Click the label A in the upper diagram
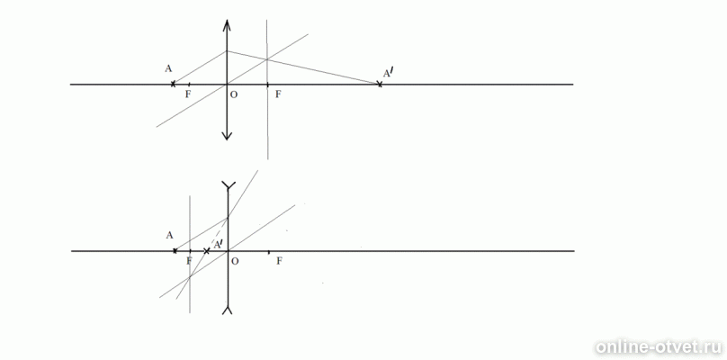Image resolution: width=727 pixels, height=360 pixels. pyautogui.click(x=168, y=69)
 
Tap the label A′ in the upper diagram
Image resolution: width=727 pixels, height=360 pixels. pyautogui.click(x=387, y=73)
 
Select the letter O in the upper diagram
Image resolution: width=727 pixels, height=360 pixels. pyautogui.click(x=234, y=94)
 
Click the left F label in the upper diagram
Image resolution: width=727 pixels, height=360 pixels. pyautogui.click(x=188, y=94)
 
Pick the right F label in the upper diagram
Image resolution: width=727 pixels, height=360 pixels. pyautogui.click(x=278, y=94)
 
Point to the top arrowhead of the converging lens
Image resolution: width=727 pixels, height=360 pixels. pyautogui.click(x=227, y=24)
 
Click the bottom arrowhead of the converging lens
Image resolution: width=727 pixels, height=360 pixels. pyautogui.click(x=227, y=134)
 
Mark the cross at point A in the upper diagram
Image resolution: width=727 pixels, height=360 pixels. pyautogui.click(x=173, y=84)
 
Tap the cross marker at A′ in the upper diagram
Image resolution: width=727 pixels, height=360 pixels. pyautogui.click(x=380, y=84)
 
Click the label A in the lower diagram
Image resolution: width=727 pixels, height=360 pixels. pyautogui.click(x=170, y=235)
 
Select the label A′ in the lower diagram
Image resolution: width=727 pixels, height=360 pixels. pyautogui.click(x=218, y=243)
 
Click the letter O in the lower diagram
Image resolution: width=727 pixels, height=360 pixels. pyautogui.click(x=235, y=261)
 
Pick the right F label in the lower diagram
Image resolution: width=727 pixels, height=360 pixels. pyautogui.click(x=279, y=261)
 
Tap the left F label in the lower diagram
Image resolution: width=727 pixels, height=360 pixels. pyautogui.click(x=189, y=261)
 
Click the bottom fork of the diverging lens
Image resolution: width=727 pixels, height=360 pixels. pyautogui.click(x=228, y=310)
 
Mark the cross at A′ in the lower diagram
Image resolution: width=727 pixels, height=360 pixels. pyautogui.click(x=207, y=251)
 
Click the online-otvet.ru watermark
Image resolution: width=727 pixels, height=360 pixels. pyautogui.click(x=660, y=347)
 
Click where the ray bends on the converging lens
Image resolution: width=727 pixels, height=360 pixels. pyautogui.click(x=227, y=51)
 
